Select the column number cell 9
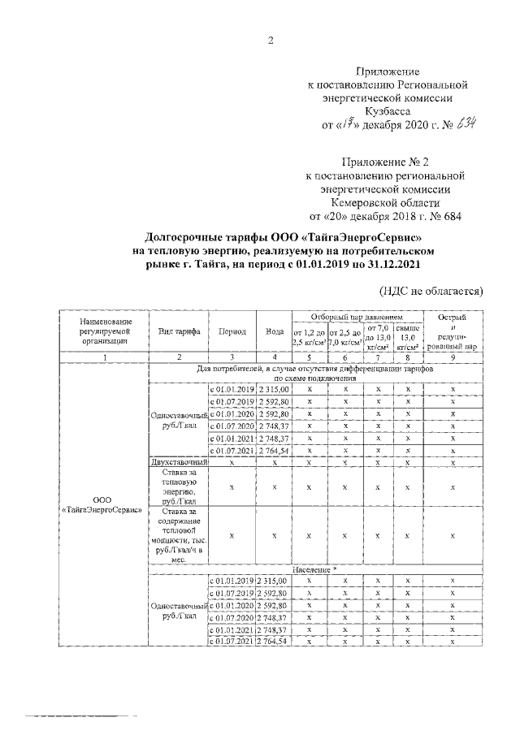(452, 357)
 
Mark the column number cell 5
(309, 357)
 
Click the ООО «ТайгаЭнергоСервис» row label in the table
(102, 504)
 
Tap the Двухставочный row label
(179, 462)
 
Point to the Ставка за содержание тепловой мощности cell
(179, 536)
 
